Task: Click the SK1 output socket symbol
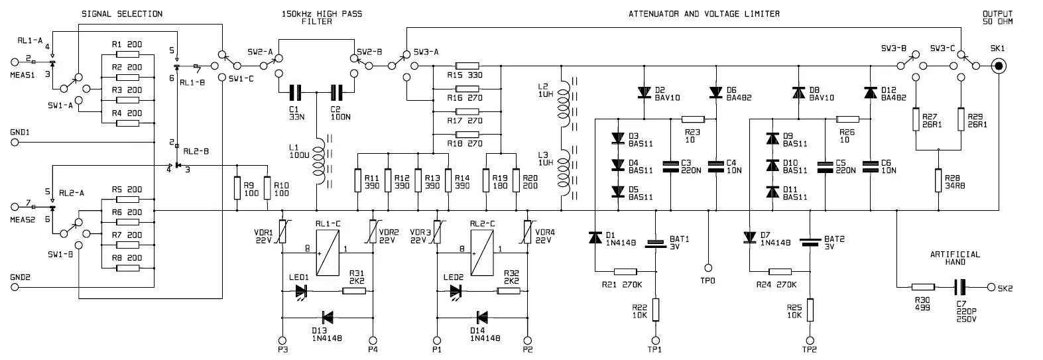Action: click(x=998, y=66)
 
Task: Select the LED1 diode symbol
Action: click(x=302, y=290)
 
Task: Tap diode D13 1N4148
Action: click(x=327, y=318)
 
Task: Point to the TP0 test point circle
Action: click(x=707, y=268)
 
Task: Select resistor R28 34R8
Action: click(x=939, y=180)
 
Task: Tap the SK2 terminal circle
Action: click(x=991, y=287)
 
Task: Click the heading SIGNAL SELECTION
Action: click(x=121, y=14)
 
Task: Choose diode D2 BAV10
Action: click(x=643, y=92)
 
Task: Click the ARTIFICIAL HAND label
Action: click(x=954, y=258)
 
